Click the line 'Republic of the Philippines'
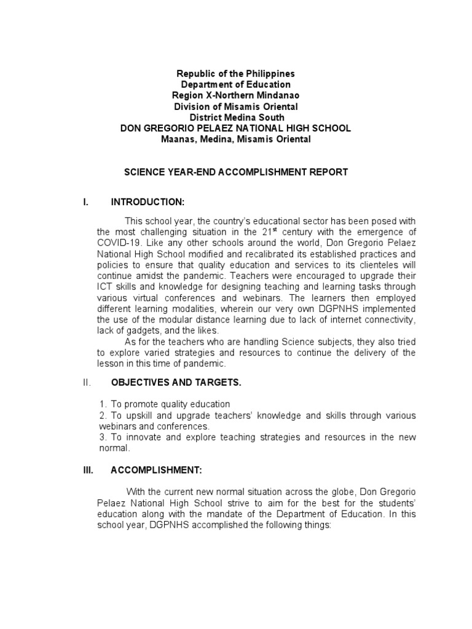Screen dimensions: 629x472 235,74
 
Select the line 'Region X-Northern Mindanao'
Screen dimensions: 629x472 235,96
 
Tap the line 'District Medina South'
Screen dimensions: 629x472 237,117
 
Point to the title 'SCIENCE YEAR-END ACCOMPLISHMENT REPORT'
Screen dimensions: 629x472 237,172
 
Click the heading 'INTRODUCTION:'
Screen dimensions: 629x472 147,202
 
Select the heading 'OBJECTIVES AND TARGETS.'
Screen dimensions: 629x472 176,383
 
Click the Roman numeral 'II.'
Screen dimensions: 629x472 87,383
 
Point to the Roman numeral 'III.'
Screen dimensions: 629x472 87,471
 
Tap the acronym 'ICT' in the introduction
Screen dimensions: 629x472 105,286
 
